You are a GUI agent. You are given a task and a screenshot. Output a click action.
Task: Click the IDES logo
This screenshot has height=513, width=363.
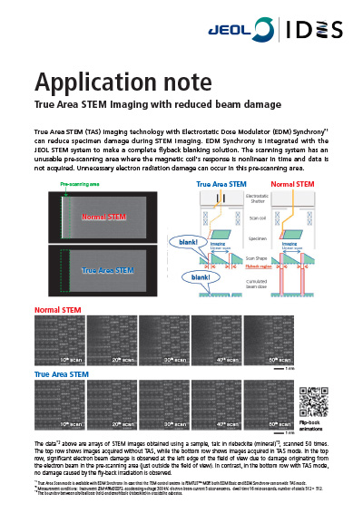click(x=319, y=29)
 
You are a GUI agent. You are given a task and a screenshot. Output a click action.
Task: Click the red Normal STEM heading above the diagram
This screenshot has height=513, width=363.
click(x=294, y=184)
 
